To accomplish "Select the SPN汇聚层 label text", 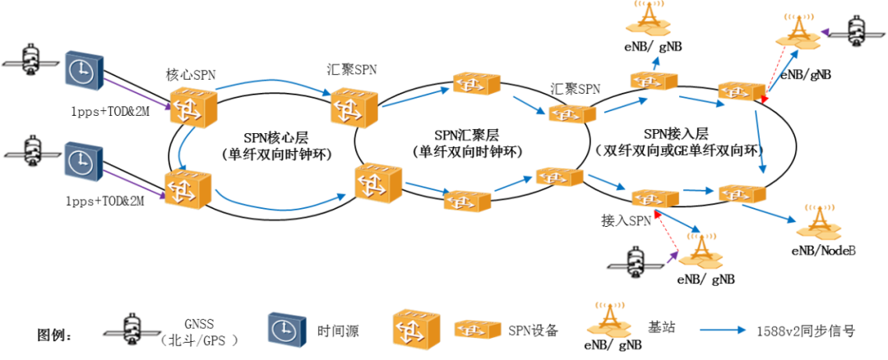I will (x=466, y=135).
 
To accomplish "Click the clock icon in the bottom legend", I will (x=286, y=329).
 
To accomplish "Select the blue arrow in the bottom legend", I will (x=723, y=330).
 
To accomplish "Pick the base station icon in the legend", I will (x=609, y=318).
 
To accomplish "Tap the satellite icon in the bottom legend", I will (x=132, y=329).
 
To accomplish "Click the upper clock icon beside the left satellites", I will (x=85, y=71).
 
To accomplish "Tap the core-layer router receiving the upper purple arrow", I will (x=193, y=107).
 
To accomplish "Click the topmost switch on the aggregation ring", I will (x=477, y=82).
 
